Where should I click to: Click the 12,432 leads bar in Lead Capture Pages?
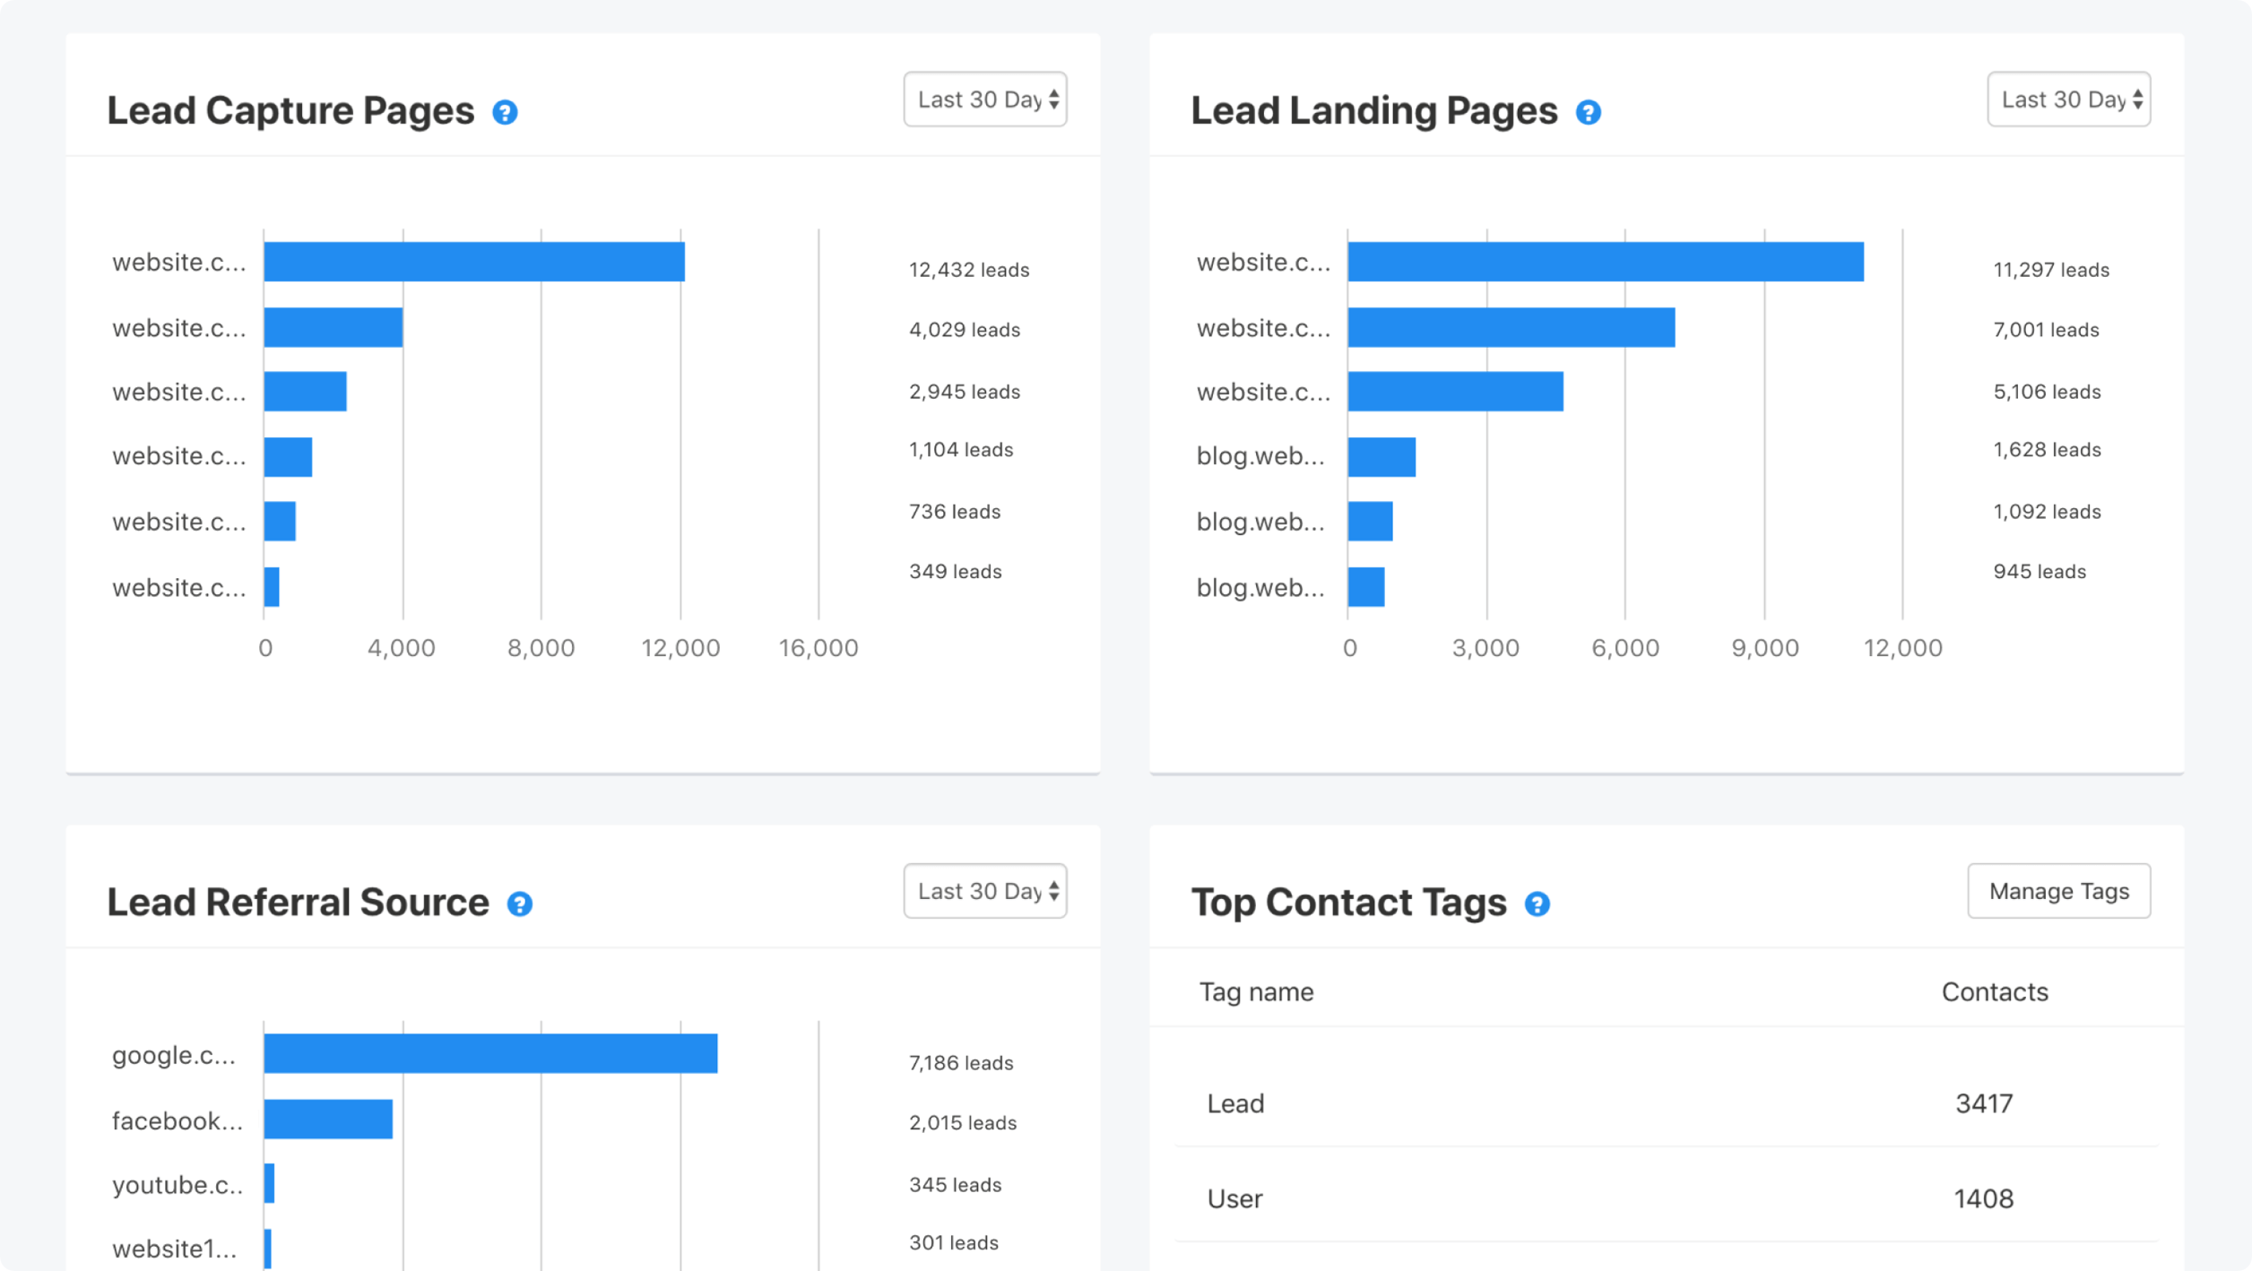pos(473,262)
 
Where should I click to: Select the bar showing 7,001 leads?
pos(1511,327)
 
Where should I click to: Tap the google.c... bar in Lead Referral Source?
pos(490,1053)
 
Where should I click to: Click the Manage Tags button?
pos(2058,891)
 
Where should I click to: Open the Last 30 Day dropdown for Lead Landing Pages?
pos(2068,99)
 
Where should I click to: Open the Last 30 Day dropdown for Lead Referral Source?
pos(984,891)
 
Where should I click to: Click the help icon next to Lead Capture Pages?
pos(505,113)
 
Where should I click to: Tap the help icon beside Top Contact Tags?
pos(1537,904)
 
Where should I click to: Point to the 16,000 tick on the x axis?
pos(818,648)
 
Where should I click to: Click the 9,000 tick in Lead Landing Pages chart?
pos(1764,648)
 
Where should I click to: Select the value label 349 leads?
pos(955,572)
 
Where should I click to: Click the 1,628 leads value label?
pos(2046,450)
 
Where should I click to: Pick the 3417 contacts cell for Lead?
pos(1983,1103)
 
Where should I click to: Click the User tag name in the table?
pos(1234,1198)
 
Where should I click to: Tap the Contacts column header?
pos(1994,992)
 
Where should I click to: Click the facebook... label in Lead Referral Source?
pos(178,1120)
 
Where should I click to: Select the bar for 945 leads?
pos(1365,587)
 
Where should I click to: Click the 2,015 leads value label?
pos(962,1123)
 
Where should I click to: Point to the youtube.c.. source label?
pos(178,1185)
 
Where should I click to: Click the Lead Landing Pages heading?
pos(1373,111)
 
